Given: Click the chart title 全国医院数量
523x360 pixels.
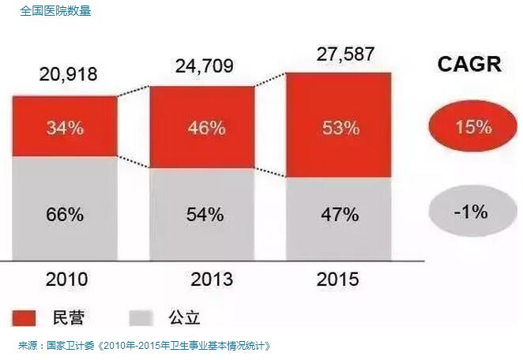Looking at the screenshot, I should (56, 11).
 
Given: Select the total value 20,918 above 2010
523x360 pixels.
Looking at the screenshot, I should (68, 75).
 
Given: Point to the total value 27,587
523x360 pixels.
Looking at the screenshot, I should (340, 54).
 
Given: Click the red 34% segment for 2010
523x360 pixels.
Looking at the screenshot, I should (64, 126).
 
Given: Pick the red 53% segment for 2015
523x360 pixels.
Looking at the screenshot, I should (339, 126).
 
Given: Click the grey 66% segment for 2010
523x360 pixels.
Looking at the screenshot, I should (64, 213).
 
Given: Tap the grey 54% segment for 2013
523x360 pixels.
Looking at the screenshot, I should (202, 213).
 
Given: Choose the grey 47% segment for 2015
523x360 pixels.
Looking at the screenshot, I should (339, 213).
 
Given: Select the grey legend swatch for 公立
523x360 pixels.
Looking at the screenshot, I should (139, 317).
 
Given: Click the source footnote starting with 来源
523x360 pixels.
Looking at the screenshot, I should (144, 345).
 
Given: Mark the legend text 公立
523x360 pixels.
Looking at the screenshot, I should (184, 317).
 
